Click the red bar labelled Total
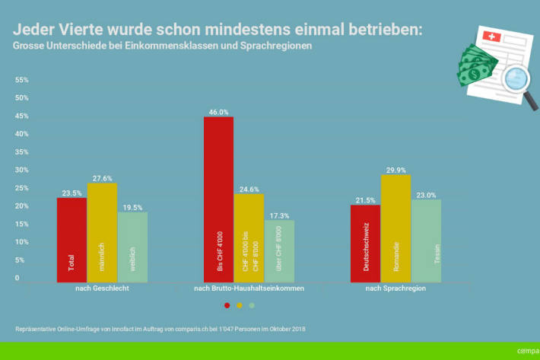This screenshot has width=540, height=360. [71, 239]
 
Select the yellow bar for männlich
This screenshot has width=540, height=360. [102, 231]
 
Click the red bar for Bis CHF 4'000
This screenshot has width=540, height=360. [218, 198]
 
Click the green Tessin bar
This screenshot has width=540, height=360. [426, 240]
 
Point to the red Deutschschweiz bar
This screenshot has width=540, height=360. [365, 242]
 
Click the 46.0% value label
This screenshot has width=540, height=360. [218, 112]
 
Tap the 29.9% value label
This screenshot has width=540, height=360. [395, 170]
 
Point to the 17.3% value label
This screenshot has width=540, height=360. [279, 215]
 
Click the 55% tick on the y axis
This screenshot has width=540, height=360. [22, 80]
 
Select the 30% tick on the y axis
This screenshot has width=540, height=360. [22, 170]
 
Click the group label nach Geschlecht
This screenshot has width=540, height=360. [101, 289]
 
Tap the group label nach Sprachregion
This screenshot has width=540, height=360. [395, 289]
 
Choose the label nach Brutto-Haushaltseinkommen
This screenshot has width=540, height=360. [249, 289]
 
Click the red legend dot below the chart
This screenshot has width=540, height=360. [227, 305]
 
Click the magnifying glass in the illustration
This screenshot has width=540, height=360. [519, 79]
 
